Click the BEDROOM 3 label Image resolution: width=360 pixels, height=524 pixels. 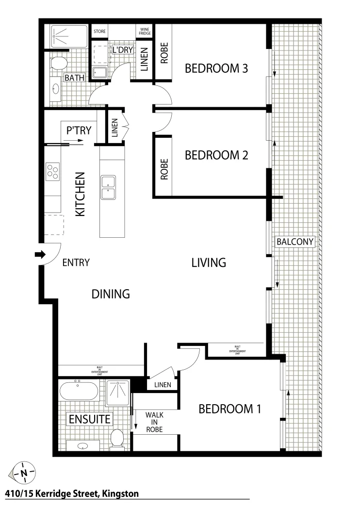pyautogui.click(x=216, y=68)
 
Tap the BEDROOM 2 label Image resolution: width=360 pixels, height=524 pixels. pyautogui.click(x=216, y=155)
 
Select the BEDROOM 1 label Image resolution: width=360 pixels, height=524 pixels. pyautogui.click(x=230, y=409)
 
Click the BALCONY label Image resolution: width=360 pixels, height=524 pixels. pyautogui.click(x=295, y=242)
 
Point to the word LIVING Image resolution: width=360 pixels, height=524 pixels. pyautogui.click(x=209, y=262)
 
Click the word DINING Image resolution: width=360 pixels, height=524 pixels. pyautogui.click(x=111, y=294)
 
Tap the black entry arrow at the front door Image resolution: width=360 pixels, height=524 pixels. pyautogui.click(x=40, y=254)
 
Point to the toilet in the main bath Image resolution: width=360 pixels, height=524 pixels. pyautogui.click(x=58, y=63)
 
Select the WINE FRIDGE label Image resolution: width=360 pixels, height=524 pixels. pyautogui.click(x=145, y=31)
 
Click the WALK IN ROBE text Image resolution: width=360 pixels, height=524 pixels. pyautogui.click(x=154, y=422)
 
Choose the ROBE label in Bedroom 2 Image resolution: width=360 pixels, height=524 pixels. pyautogui.click(x=164, y=169)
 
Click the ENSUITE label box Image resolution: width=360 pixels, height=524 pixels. pyautogui.click(x=89, y=419)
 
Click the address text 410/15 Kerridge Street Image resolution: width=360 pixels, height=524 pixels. pyautogui.click(x=72, y=494)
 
